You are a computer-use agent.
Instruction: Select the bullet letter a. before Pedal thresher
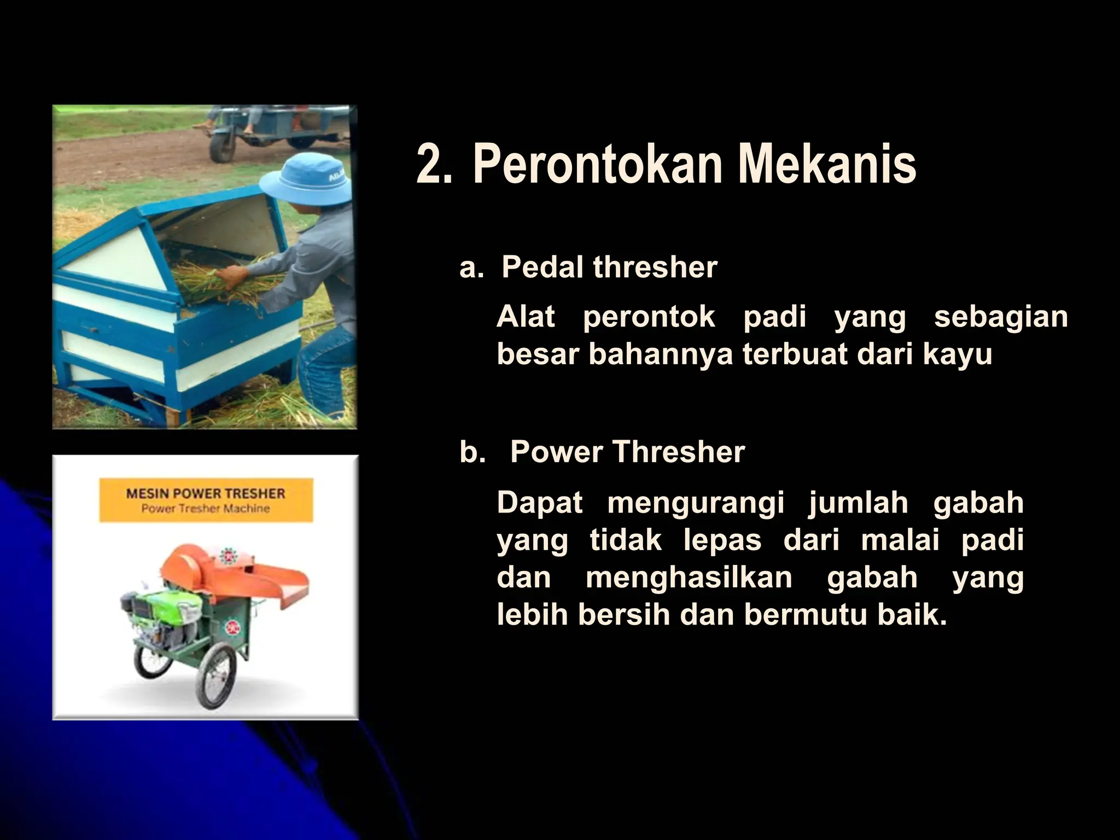point(471,267)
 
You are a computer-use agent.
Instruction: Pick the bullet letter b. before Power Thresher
point(472,452)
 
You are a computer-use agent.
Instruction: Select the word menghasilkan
point(689,578)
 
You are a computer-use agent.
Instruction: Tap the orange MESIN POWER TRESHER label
point(206,500)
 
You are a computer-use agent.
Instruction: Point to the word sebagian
point(1000,317)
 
